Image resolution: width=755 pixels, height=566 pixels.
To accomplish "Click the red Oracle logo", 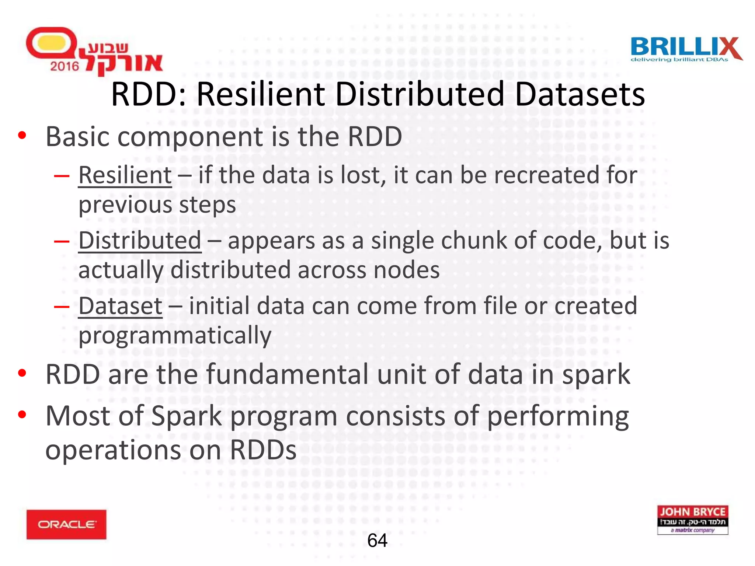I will (x=66, y=524).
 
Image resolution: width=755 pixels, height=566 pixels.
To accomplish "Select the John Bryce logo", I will (x=692, y=520).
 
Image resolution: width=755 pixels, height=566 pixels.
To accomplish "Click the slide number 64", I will (x=377, y=541).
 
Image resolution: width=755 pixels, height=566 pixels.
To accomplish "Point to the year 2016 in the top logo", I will (x=65, y=66).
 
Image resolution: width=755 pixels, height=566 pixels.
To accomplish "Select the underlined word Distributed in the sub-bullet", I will (x=140, y=240).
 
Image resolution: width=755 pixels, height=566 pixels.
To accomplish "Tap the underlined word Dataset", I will (x=120, y=306).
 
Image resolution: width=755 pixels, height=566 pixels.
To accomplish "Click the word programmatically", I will (x=175, y=335).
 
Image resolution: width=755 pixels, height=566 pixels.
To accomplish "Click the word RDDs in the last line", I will (x=263, y=450).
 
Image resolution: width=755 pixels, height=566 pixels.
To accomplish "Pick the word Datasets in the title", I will (x=580, y=94).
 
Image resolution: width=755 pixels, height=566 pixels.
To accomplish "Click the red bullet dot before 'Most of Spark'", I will (x=22, y=415).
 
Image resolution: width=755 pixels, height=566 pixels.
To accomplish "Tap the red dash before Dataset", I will (x=62, y=306).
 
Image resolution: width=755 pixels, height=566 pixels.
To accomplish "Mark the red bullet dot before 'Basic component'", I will (x=22, y=136).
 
